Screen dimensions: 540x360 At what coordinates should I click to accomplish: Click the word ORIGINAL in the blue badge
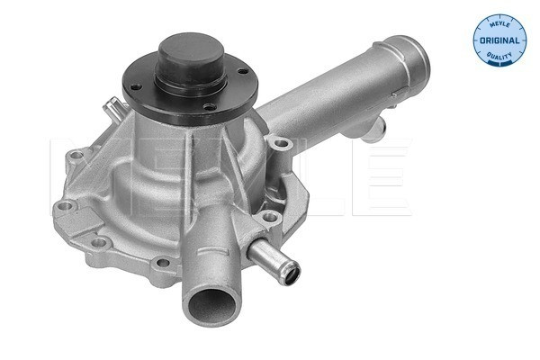499,40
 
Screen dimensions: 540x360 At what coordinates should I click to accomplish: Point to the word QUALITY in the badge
499,55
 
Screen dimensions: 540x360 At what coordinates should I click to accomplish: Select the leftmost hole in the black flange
137,86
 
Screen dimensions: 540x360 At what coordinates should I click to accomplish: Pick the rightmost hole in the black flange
243,72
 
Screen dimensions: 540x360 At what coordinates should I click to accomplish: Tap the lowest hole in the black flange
210,107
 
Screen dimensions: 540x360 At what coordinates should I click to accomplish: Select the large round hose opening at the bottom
211,306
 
